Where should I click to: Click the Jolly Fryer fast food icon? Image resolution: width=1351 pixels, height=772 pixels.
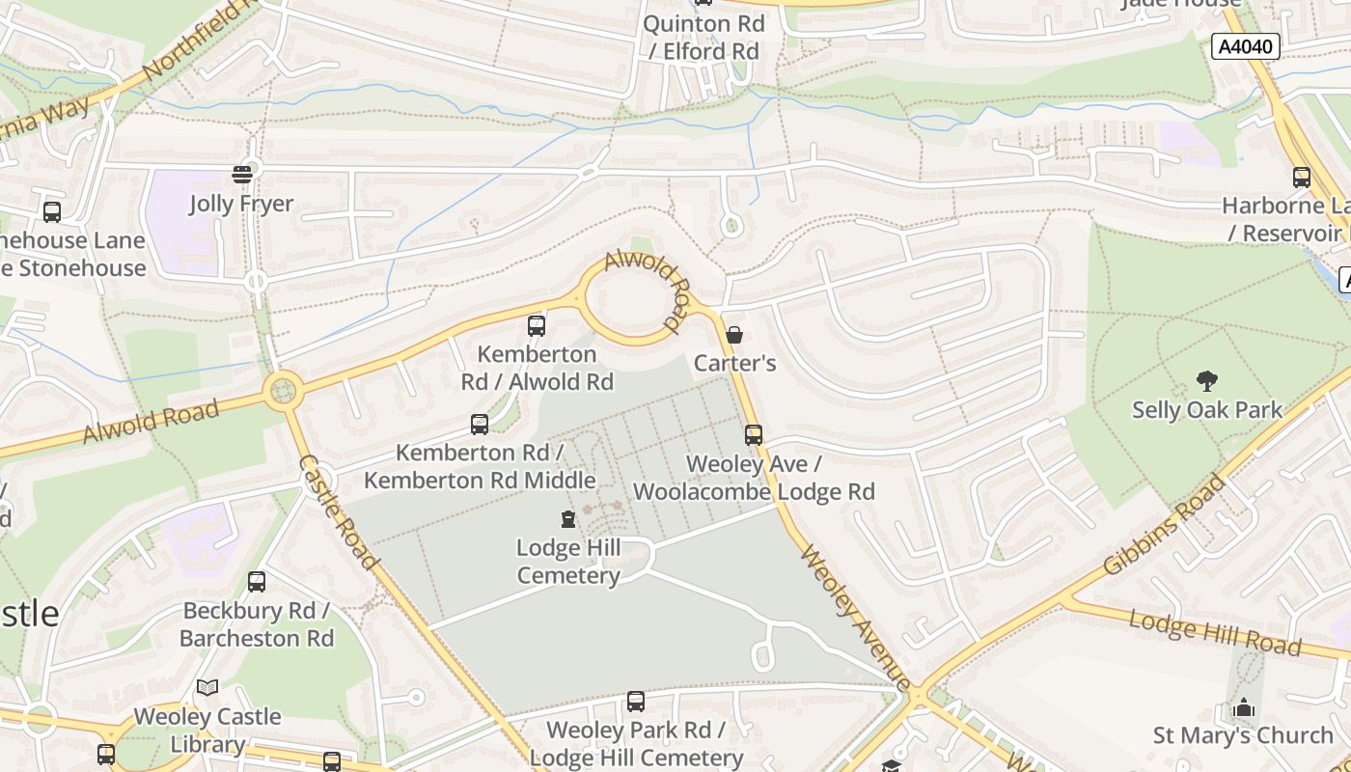pyautogui.click(x=242, y=174)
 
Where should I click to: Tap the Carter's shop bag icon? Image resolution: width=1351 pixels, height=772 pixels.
pyautogui.click(x=734, y=335)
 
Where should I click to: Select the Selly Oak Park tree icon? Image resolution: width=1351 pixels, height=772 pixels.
pyautogui.click(x=1206, y=380)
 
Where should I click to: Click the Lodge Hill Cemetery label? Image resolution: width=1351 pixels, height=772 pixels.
pyautogui.click(x=567, y=562)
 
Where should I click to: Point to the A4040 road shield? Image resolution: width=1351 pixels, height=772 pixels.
pyautogui.click(x=1245, y=46)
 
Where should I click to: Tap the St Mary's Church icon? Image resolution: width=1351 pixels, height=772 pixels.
pyautogui.click(x=1243, y=708)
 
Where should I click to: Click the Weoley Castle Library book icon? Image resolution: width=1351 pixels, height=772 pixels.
pyautogui.click(x=207, y=687)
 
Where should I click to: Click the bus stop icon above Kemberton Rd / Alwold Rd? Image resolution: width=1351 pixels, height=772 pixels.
pyautogui.click(x=537, y=326)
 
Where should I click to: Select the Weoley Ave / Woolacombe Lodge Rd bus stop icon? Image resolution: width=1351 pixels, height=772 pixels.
pyautogui.click(x=754, y=435)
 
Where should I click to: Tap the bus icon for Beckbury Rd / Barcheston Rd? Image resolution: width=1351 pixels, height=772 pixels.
pyautogui.click(x=256, y=582)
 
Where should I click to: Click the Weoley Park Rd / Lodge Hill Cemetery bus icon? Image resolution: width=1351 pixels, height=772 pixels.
pyautogui.click(x=635, y=702)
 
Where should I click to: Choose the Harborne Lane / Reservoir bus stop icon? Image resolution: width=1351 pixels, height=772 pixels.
pyautogui.click(x=1301, y=177)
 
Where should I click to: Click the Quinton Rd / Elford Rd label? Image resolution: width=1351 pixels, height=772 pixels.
pyautogui.click(x=703, y=38)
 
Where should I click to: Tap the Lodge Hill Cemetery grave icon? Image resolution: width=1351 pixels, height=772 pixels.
pyautogui.click(x=568, y=519)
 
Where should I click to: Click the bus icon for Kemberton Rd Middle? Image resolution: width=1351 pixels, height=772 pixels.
pyautogui.click(x=479, y=424)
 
